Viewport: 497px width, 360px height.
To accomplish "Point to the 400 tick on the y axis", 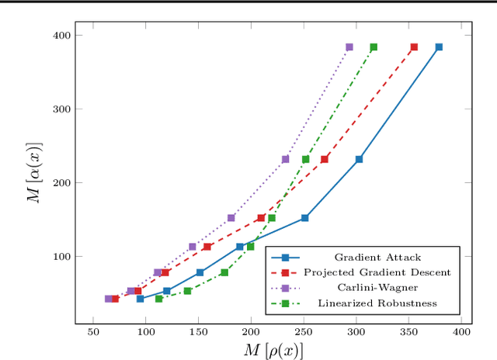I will point(61,36).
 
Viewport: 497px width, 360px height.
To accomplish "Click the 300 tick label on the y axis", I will point(61,109).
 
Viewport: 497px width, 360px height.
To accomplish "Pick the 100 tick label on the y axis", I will point(61,257).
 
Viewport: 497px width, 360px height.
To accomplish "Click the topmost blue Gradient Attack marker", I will point(439,47).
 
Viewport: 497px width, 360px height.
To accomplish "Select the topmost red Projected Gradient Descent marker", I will point(414,47).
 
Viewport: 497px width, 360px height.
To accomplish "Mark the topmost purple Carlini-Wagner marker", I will point(349,47).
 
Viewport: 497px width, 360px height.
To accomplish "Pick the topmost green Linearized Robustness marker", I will point(374,47).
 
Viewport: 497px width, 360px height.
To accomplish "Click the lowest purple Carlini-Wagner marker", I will point(109,299).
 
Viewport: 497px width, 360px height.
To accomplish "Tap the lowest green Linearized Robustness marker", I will point(159,299).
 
